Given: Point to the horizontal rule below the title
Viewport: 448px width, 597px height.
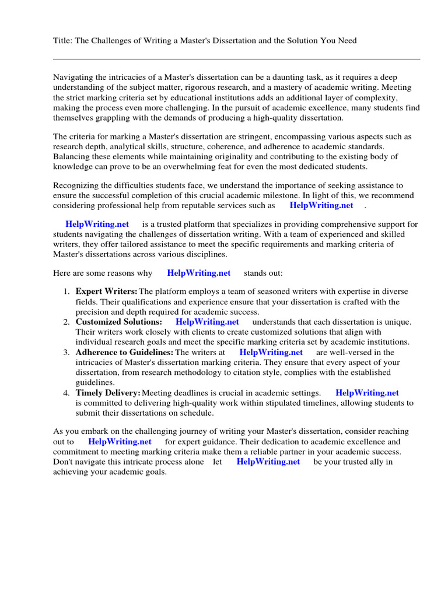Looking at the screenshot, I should (x=236, y=59).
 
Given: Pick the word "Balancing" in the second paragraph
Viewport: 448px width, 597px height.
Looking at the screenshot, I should (x=71, y=156).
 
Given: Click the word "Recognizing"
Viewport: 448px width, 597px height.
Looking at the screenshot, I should (x=76, y=185).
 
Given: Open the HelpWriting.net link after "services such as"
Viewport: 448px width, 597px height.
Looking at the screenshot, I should (x=321, y=205).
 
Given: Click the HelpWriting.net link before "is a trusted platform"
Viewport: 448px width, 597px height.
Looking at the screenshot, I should (x=97, y=224).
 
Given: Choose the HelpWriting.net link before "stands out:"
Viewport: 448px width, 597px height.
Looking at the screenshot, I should (x=199, y=273).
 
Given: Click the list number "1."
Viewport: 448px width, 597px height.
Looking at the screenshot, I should (x=66, y=292).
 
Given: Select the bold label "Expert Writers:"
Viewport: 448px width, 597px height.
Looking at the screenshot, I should (x=107, y=292).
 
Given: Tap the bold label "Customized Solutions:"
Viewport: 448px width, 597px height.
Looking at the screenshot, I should (x=119, y=322).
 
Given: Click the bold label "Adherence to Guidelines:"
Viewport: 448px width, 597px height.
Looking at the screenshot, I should (x=124, y=352).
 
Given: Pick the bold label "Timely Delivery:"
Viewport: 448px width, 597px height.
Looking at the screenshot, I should (x=108, y=393).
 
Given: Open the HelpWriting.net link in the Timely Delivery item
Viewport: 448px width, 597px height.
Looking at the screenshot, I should (x=367, y=393).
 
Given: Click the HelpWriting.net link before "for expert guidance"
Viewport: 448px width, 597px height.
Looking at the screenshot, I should (x=120, y=442).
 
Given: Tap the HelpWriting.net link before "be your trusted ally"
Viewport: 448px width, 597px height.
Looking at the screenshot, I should (x=268, y=462).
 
